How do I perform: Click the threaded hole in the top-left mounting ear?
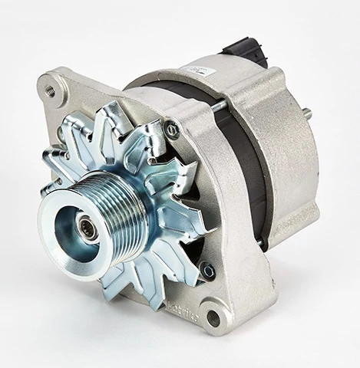click(x=51, y=90)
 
